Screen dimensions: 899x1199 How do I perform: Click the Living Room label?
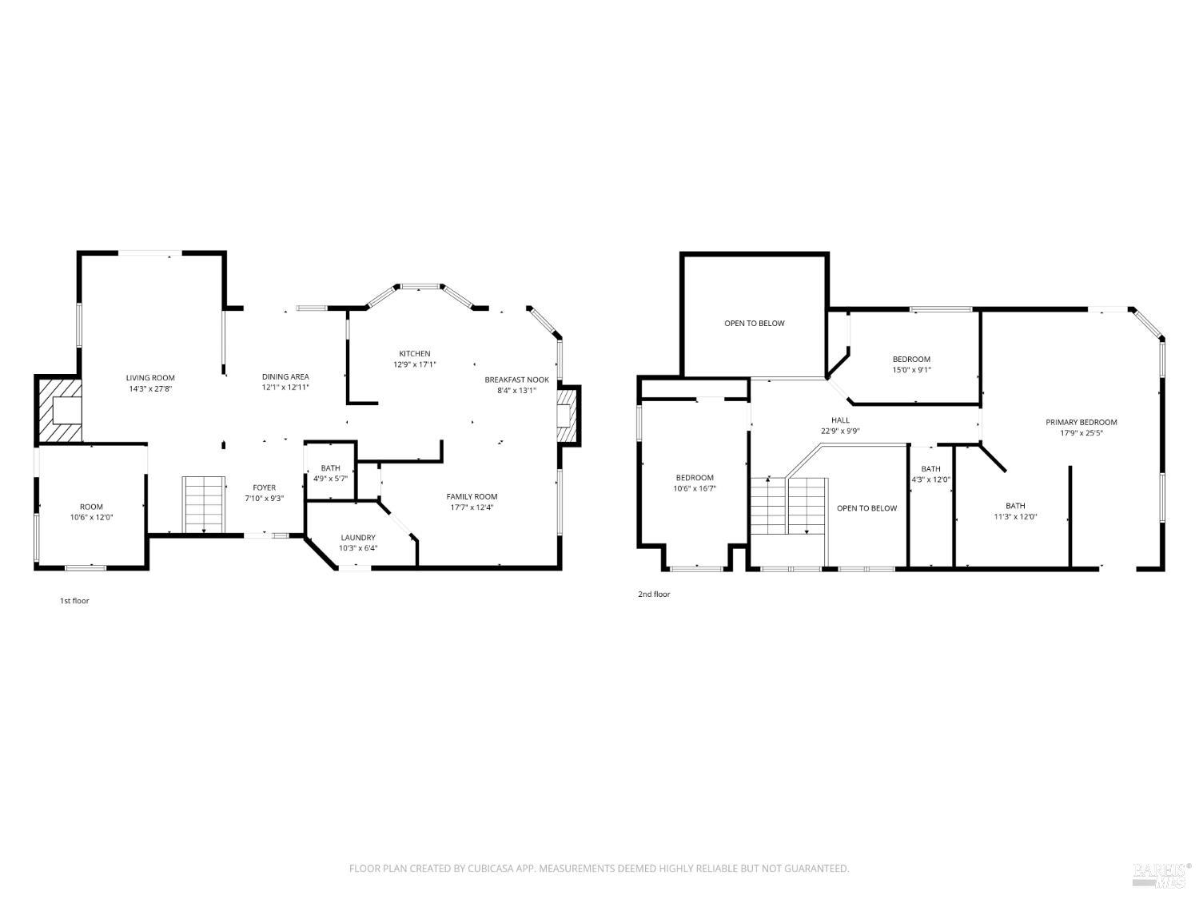tap(150, 378)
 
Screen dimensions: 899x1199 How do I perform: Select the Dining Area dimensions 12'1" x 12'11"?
tap(285, 388)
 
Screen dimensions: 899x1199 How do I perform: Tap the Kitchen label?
tap(415, 353)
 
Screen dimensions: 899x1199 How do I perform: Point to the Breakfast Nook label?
tap(516, 380)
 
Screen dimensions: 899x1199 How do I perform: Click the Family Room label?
tap(472, 496)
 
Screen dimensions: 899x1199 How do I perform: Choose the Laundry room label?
tap(357, 538)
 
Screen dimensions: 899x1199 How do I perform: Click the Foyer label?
tap(264, 487)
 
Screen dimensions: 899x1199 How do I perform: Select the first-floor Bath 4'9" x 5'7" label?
tap(330, 468)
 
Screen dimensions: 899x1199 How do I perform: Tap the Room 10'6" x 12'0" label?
tap(91, 507)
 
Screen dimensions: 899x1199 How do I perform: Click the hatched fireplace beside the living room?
tap(58, 410)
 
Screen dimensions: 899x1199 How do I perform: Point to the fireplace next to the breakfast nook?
tap(567, 415)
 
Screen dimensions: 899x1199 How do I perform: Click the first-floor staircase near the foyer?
tap(204, 504)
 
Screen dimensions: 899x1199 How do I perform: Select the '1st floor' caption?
tap(74, 601)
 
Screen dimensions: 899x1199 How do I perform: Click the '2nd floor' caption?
tap(654, 595)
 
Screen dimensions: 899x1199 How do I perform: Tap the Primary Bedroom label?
tap(1081, 422)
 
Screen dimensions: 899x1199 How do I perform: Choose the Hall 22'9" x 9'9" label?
tap(840, 420)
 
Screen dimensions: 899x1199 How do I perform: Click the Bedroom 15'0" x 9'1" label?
tap(911, 360)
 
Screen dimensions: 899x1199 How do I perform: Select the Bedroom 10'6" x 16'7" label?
tap(694, 478)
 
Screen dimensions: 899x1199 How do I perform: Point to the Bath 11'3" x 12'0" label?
tap(1015, 506)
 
